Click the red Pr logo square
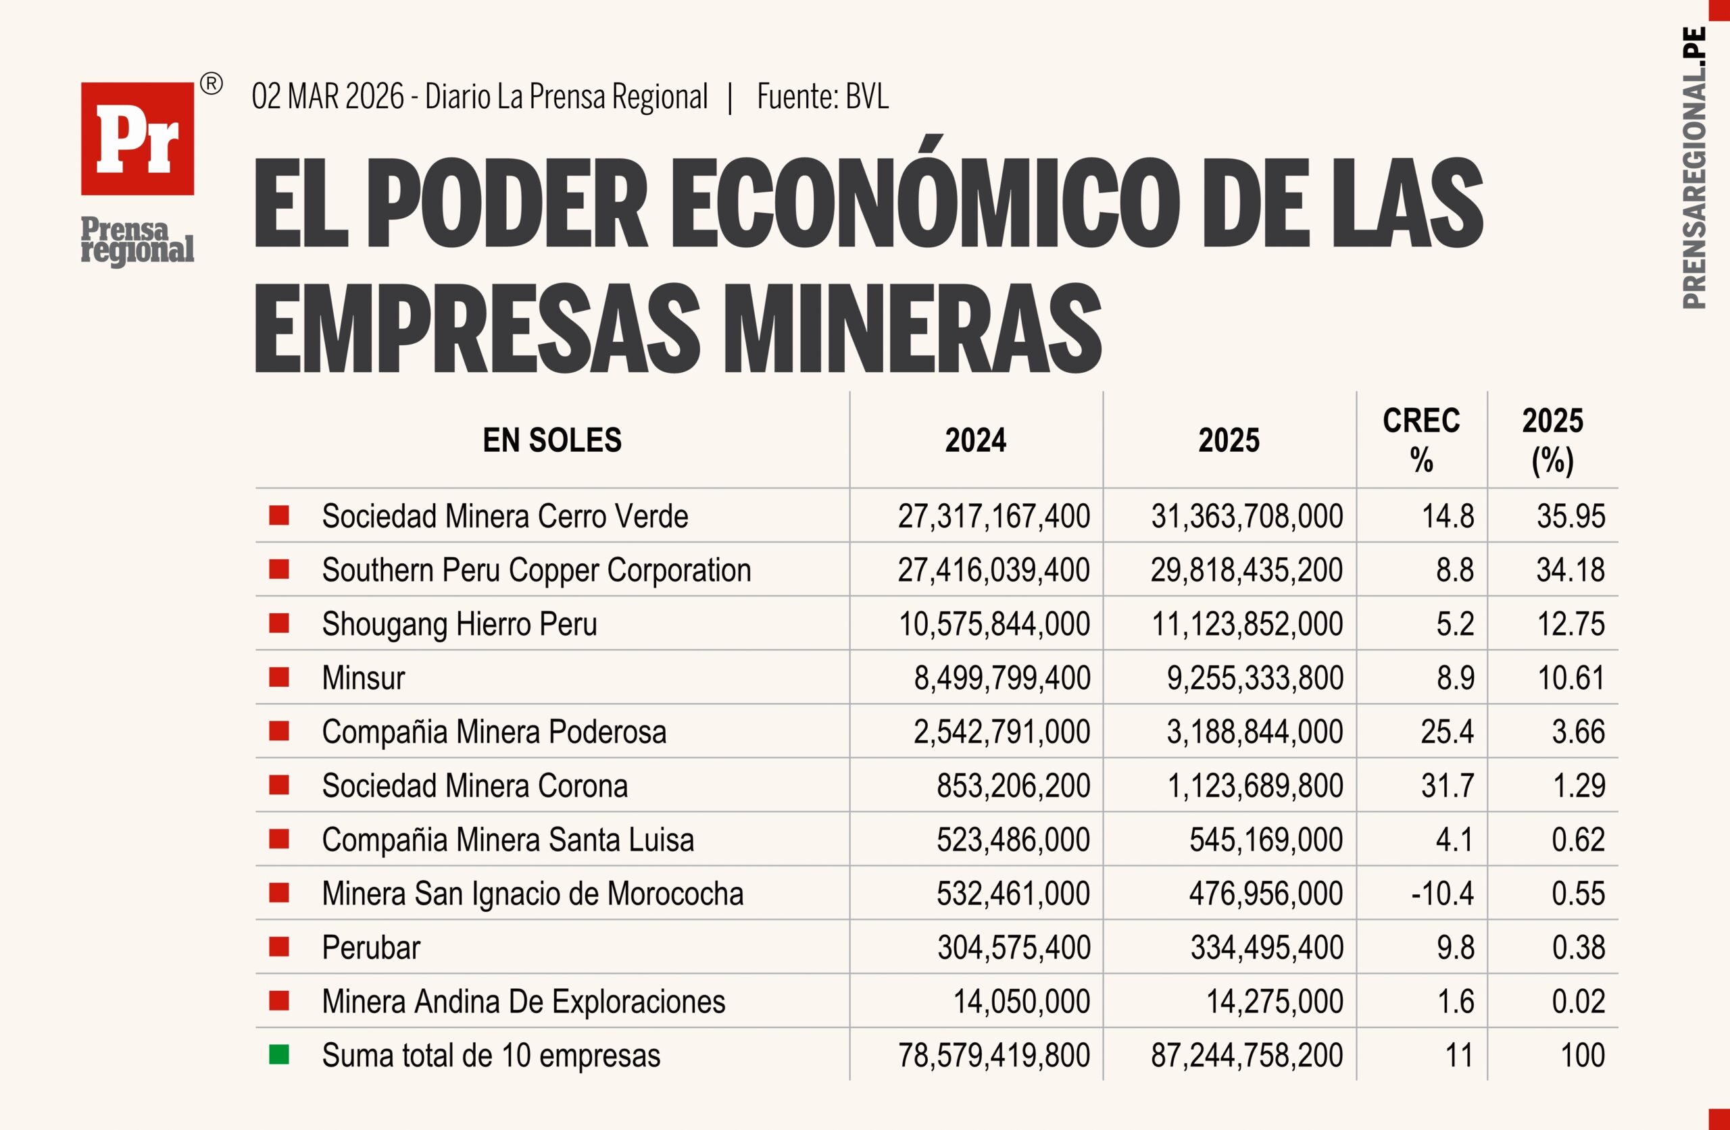pos(137,138)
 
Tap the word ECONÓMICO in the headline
pos(924,203)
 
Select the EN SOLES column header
pos(551,440)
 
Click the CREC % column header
pos(1421,440)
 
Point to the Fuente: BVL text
pos(822,97)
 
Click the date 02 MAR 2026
pos(327,97)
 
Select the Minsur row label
pos(364,678)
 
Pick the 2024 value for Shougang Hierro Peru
pos(993,624)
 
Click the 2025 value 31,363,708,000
pos(1247,517)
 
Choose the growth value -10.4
pos(1442,894)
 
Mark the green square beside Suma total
pos(279,1054)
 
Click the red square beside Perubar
pos(279,947)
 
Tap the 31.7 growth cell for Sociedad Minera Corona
pos(1448,786)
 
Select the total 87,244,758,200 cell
pos(1247,1055)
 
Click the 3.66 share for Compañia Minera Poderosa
pos(1578,731)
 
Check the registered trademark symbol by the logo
pos(211,84)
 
